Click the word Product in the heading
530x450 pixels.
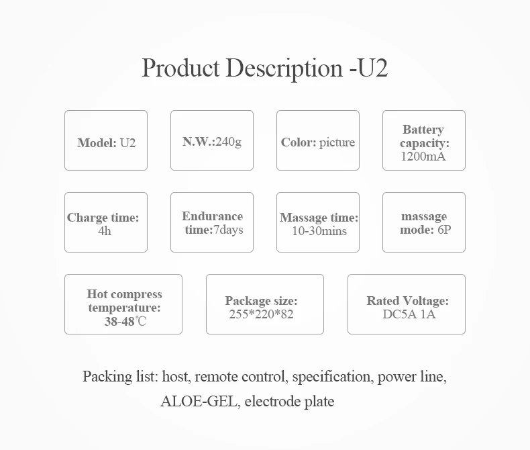click(180, 69)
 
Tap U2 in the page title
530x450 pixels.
click(374, 69)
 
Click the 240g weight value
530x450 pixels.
click(228, 142)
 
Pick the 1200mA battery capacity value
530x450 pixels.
click(423, 157)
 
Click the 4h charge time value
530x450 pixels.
click(105, 230)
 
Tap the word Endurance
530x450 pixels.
click(212, 216)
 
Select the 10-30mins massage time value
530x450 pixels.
click(319, 230)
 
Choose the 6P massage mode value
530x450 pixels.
click(445, 230)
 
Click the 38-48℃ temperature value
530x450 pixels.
click(125, 322)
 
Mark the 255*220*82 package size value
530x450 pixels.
click(261, 314)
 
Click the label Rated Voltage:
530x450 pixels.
click(407, 301)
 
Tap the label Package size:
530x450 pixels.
click(261, 301)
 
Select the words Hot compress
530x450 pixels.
click(124, 294)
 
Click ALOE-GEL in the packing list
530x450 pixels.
click(199, 402)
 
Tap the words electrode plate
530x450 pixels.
click(289, 402)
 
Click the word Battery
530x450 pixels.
click(423, 130)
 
